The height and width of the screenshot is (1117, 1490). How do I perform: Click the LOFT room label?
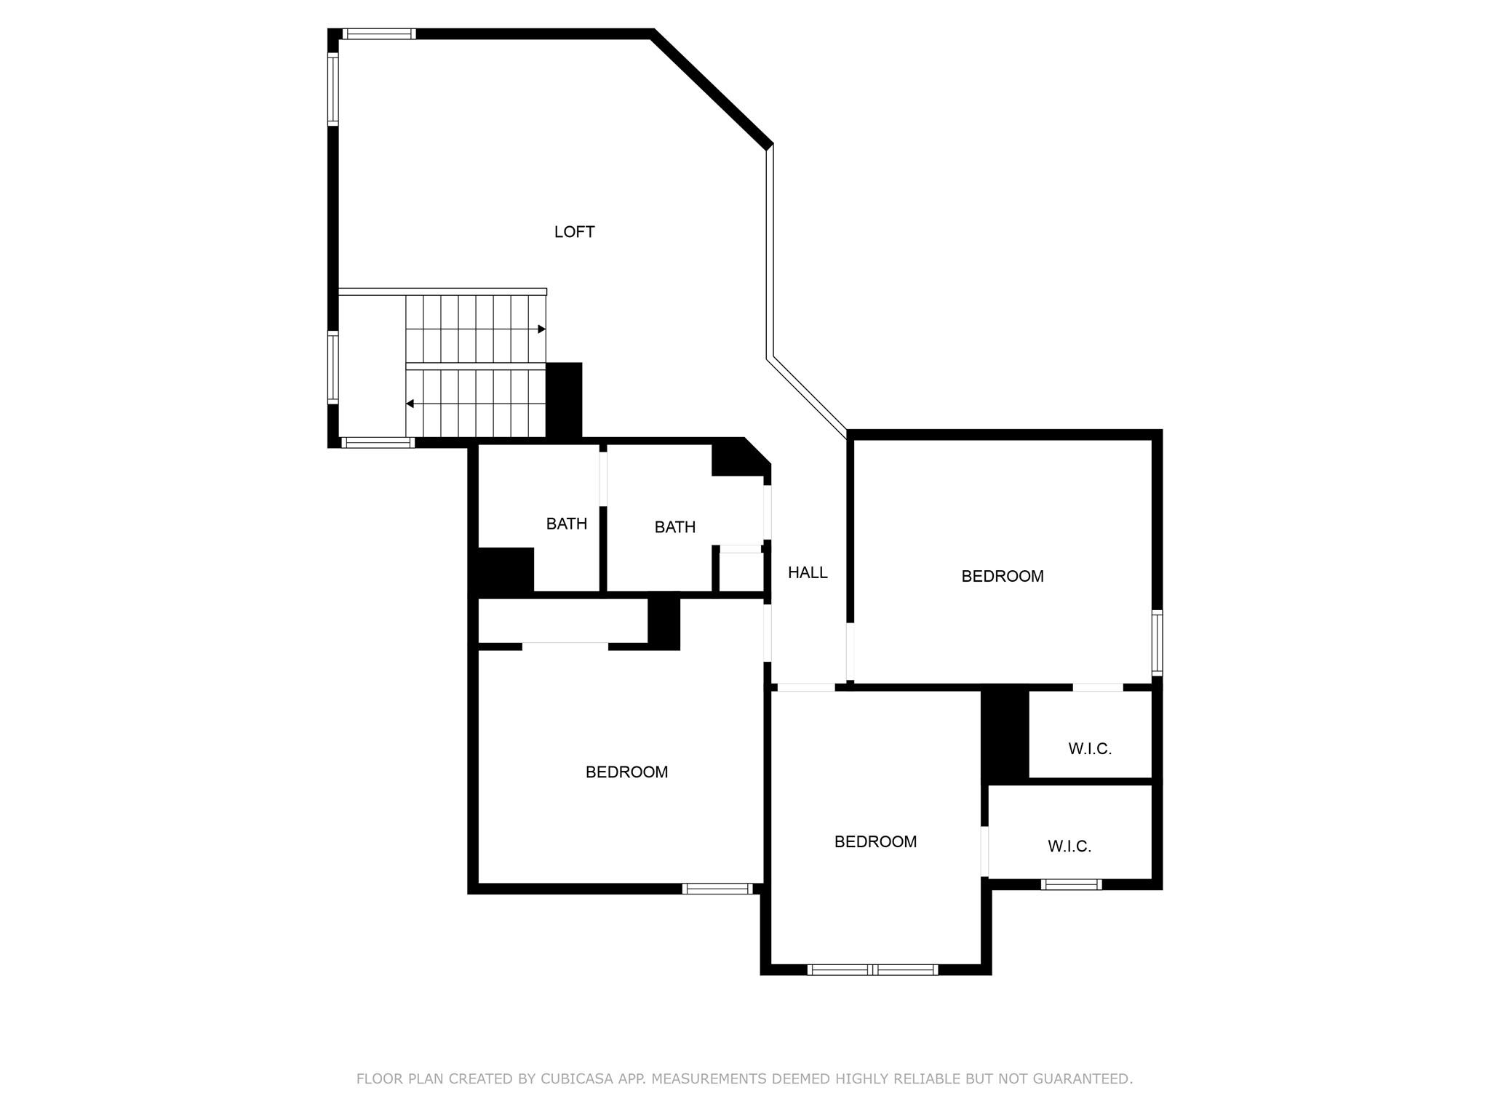tap(574, 232)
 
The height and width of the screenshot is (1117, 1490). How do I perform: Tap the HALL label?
tap(808, 573)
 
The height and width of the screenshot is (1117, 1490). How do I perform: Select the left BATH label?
tap(566, 524)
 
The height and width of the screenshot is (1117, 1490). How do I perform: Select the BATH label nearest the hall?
tap(674, 527)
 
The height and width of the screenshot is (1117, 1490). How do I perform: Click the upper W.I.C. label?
tap(1089, 749)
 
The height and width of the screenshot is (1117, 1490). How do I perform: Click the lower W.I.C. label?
tap(1069, 846)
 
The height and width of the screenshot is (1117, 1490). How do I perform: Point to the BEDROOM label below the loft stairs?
tap(626, 772)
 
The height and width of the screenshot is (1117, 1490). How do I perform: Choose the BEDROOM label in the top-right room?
tap(1002, 577)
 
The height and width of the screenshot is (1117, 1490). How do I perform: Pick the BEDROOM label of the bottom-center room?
tap(875, 842)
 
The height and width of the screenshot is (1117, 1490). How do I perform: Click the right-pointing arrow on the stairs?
tap(541, 329)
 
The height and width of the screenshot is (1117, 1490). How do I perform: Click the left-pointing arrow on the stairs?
tap(410, 404)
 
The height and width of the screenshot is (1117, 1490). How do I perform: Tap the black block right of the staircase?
tap(564, 400)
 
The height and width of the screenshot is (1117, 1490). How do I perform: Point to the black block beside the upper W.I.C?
tap(1005, 734)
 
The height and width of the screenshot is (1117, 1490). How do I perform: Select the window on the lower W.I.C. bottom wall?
tap(1070, 884)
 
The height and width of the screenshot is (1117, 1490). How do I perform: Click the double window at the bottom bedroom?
tap(872, 969)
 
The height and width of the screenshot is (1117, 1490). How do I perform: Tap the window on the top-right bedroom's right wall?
tap(1156, 643)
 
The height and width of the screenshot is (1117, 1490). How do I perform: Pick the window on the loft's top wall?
tap(378, 33)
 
